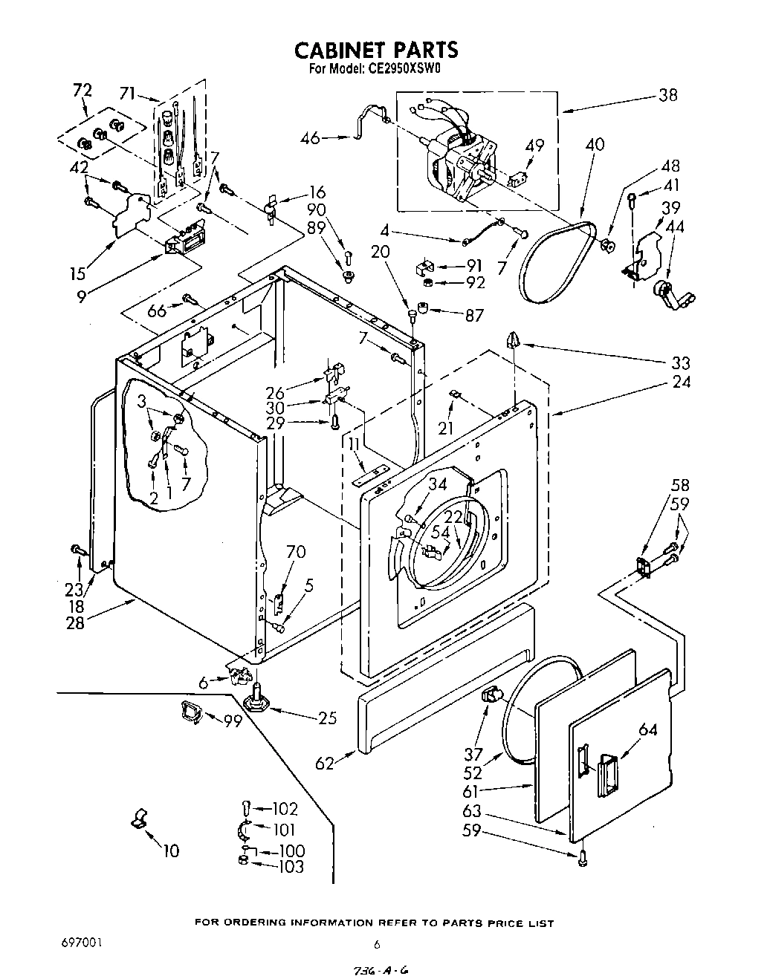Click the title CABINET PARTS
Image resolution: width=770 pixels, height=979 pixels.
pos(376,50)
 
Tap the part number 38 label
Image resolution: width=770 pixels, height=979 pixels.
pos(667,95)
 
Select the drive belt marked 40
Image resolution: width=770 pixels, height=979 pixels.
pos(554,264)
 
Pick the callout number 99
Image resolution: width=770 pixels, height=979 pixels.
pos(233,721)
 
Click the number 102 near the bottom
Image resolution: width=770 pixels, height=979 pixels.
pos(285,809)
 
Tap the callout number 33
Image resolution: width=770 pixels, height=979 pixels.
pos(681,362)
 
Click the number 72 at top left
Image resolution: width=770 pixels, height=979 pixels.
pos(82,90)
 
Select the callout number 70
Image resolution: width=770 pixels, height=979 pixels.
pos(296,552)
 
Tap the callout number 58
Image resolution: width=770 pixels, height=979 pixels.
pos(680,485)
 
